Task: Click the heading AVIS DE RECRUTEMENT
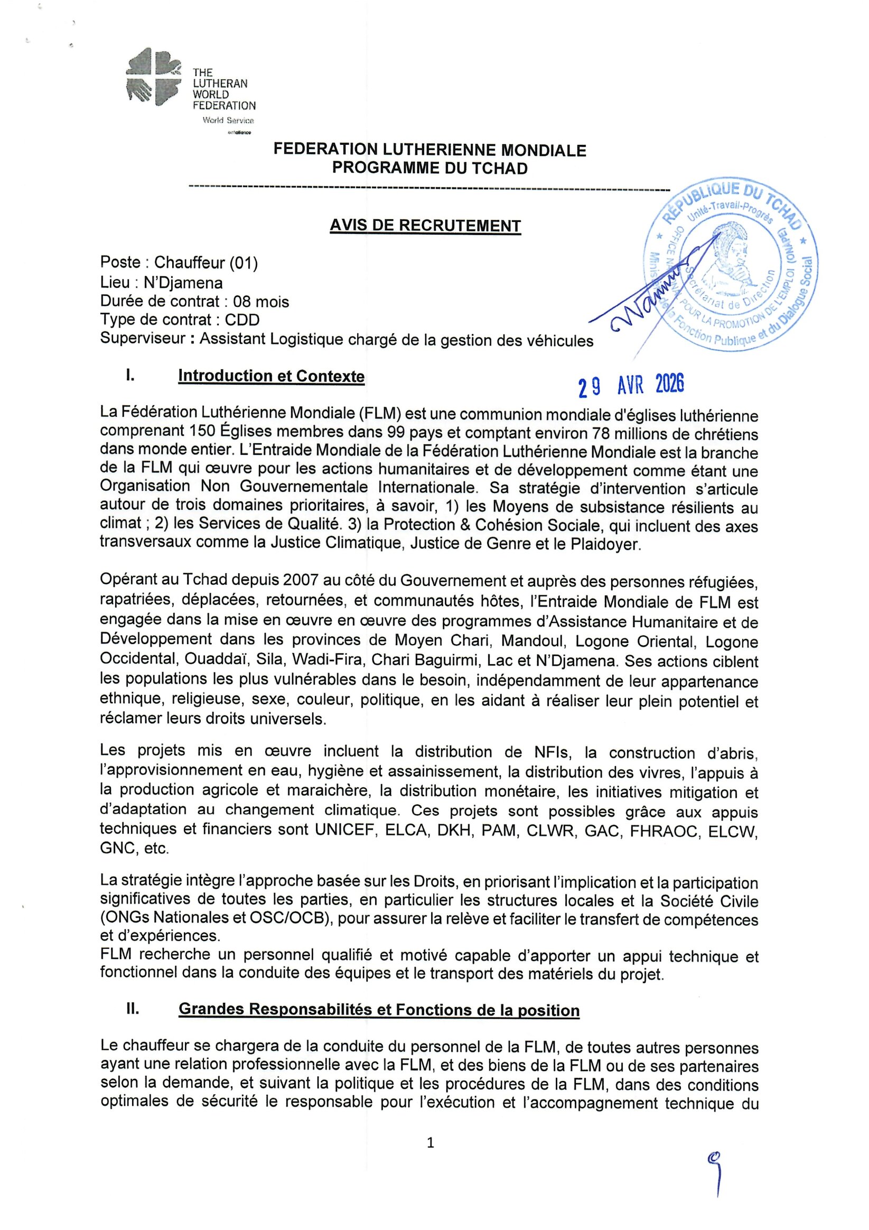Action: click(x=425, y=226)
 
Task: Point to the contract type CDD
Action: click(x=242, y=320)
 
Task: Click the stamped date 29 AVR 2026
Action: click(x=631, y=385)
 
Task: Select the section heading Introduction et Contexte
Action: click(x=271, y=376)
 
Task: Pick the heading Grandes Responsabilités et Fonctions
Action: click(x=379, y=1010)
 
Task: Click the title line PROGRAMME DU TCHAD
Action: click(x=429, y=168)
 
